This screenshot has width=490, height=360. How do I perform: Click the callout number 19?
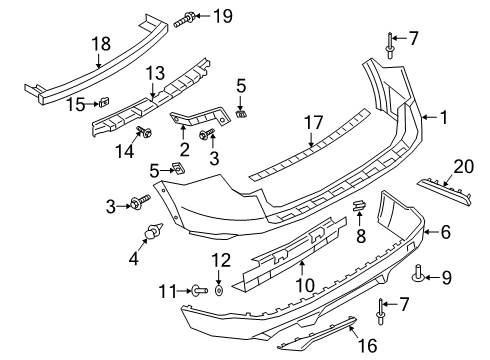coord(222,15)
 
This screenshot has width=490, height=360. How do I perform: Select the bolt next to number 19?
coord(191,17)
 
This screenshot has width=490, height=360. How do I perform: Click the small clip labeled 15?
coord(103,102)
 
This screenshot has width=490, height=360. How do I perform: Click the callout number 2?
coord(183,148)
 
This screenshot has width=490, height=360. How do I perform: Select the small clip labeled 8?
coord(359,207)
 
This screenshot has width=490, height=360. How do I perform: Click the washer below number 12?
coord(222,289)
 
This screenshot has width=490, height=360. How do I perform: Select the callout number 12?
coord(222,261)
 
